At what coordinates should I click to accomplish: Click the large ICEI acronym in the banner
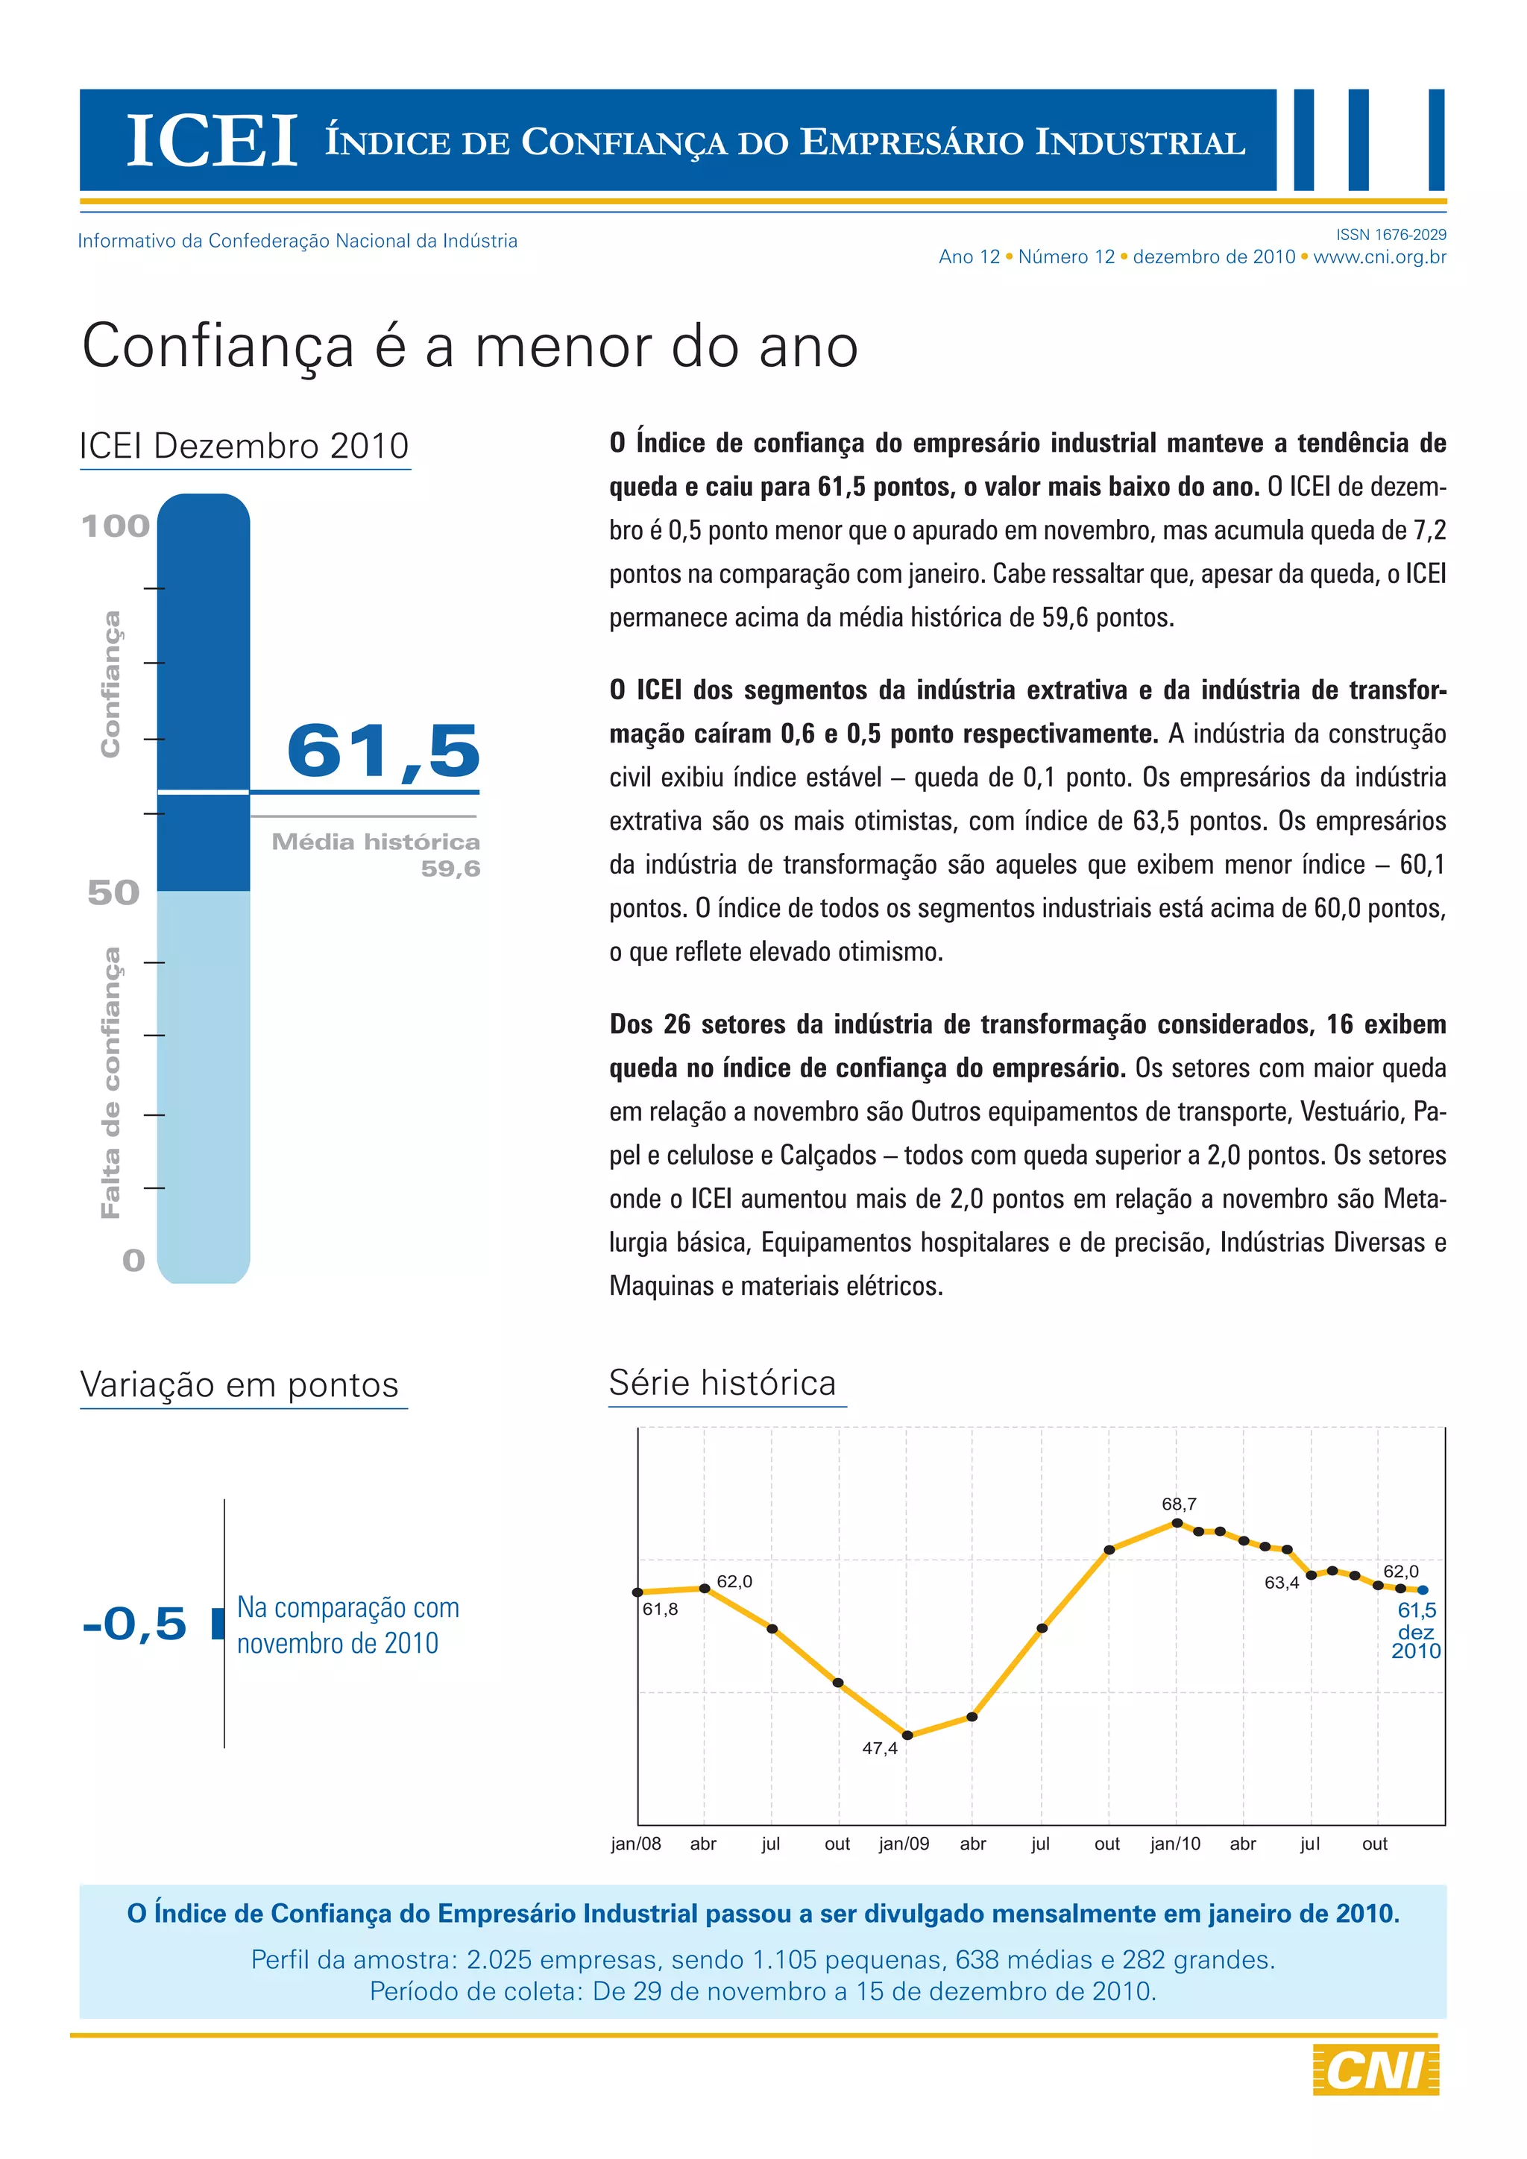(x=212, y=141)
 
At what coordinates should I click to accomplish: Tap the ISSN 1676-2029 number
(x=1391, y=234)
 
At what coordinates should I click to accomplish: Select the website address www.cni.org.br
(x=1379, y=256)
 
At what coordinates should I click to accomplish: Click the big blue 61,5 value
(x=384, y=751)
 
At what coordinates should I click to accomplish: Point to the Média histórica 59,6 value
(x=450, y=868)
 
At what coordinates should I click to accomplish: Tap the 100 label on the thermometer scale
(x=116, y=526)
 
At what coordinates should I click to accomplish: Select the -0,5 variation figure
(x=134, y=1624)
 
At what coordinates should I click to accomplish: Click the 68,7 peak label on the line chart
(x=1179, y=1504)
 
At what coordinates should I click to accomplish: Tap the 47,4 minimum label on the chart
(x=880, y=1748)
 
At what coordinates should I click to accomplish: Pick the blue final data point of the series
(x=1423, y=1590)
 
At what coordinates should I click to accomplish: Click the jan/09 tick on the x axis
(x=904, y=1844)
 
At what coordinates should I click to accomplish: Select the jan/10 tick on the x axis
(x=1175, y=1844)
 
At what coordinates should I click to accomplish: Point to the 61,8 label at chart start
(x=660, y=1609)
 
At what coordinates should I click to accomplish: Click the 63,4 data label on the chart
(x=1282, y=1583)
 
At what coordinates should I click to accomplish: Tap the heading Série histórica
(x=722, y=1383)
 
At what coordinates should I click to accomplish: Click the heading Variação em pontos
(x=240, y=1385)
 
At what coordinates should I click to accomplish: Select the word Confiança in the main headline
(x=218, y=346)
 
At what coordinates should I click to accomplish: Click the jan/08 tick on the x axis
(x=635, y=1844)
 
